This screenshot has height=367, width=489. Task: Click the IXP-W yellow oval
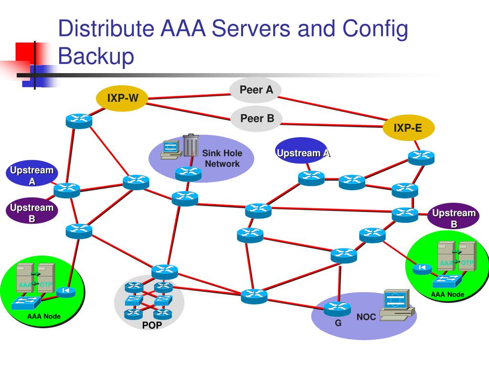tap(121, 98)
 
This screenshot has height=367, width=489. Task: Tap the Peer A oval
tap(256, 90)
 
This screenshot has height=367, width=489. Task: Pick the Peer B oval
tap(256, 119)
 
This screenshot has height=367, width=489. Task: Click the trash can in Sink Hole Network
tap(191, 145)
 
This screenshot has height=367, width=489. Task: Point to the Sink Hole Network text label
tap(222, 158)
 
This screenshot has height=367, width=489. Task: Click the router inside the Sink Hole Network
tap(188, 174)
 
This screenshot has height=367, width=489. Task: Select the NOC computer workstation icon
tap(397, 305)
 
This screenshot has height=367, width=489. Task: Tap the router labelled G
tap(337, 309)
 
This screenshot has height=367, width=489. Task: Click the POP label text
tap(152, 325)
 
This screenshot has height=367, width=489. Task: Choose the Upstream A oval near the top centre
tap(302, 151)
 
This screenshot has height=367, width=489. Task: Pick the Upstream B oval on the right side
tap(453, 216)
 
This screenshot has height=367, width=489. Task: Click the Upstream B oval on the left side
tap(32, 211)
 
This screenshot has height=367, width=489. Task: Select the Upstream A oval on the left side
tap(32, 173)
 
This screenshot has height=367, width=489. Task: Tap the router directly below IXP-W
tap(79, 121)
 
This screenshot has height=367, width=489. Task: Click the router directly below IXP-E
tap(421, 158)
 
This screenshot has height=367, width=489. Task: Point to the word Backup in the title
tap(96, 56)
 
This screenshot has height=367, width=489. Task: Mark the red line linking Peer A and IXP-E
tap(332, 108)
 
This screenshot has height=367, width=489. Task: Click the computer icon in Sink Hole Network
tap(171, 150)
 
